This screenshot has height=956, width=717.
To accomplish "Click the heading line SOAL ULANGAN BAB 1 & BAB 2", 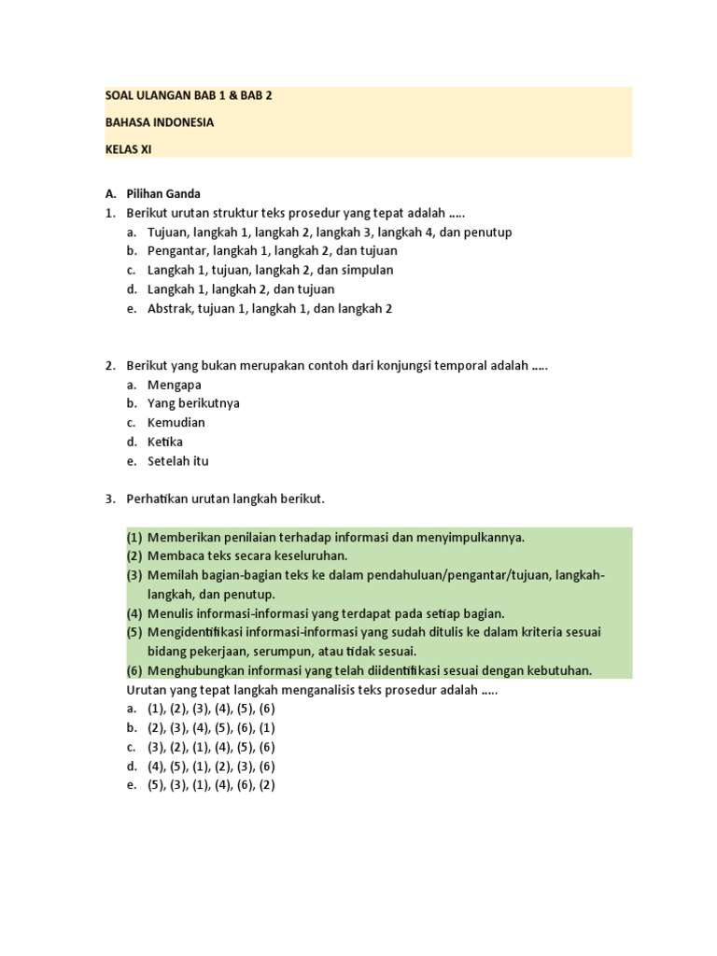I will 188,96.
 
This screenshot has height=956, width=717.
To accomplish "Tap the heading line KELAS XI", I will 128,148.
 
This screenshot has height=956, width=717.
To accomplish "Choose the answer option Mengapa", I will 175,385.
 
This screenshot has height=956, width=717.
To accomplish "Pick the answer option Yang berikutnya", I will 193,403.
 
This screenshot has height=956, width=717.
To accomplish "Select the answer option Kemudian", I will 176,423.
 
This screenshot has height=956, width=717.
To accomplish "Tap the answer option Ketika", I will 165,442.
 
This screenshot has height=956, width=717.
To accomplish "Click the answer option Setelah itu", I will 178,461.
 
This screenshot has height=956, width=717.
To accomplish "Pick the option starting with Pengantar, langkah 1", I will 273,251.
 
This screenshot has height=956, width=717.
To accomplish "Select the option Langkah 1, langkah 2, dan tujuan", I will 241,289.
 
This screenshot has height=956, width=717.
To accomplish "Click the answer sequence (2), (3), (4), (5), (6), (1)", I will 211,728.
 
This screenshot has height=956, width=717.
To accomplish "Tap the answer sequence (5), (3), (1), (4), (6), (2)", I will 211,785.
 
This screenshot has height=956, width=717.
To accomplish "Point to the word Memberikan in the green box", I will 183,538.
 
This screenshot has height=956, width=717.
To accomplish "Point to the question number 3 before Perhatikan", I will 109,499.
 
